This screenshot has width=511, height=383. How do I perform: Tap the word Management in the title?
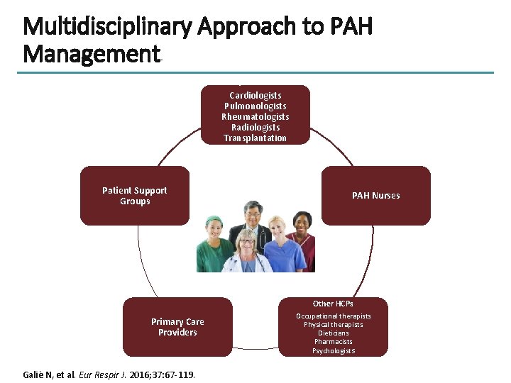[x=92, y=54]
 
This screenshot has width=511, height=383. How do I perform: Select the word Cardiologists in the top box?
[x=255, y=95]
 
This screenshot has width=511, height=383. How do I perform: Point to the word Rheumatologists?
[x=255, y=116]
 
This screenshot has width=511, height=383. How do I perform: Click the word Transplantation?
[x=255, y=138]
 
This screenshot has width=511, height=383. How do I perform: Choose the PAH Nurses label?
[x=376, y=196]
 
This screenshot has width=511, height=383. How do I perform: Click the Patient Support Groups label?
[x=135, y=196]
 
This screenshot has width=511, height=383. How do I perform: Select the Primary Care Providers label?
[x=177, y=327]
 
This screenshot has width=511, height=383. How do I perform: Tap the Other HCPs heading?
[x=333, y=304]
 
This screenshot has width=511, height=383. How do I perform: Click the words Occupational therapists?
[x=333, y=316]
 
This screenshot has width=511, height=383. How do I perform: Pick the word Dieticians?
[x=333, y=333]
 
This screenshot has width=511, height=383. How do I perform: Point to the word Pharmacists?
[x=333, y=342]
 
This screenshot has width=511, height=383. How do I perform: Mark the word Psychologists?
[x=333, y=350]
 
